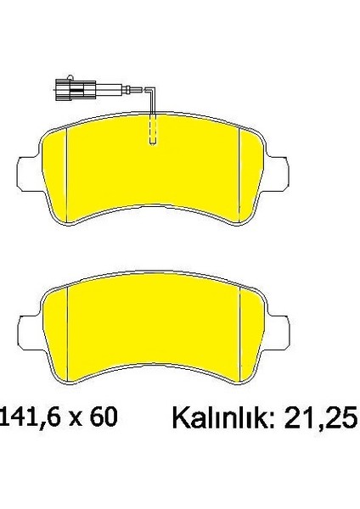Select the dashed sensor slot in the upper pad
[152, 130]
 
